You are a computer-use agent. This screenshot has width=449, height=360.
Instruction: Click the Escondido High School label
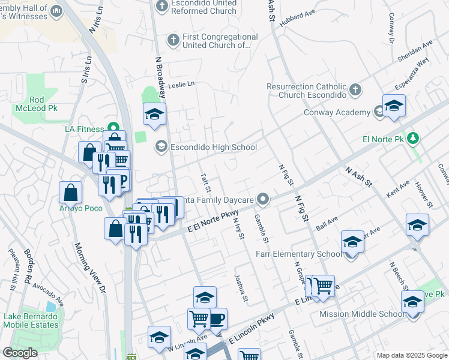[214, 147]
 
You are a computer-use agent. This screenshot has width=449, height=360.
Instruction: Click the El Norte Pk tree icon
[412, 139]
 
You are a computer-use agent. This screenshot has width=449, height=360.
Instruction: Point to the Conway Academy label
[337, 112]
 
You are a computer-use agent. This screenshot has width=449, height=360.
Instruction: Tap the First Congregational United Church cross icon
[173, 40]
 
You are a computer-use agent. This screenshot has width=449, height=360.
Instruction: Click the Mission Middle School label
[362, 314]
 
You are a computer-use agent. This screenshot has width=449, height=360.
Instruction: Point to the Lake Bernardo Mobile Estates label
[31, 320]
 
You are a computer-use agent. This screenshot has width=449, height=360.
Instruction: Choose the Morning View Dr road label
[89, 268]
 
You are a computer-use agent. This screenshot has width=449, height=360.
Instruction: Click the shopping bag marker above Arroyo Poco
[70, 193]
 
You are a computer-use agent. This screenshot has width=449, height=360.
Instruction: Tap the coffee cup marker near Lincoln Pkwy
[217, 319]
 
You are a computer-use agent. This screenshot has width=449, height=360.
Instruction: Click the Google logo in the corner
[20, 353]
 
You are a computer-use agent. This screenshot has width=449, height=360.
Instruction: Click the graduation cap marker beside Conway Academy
[394, 106]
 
